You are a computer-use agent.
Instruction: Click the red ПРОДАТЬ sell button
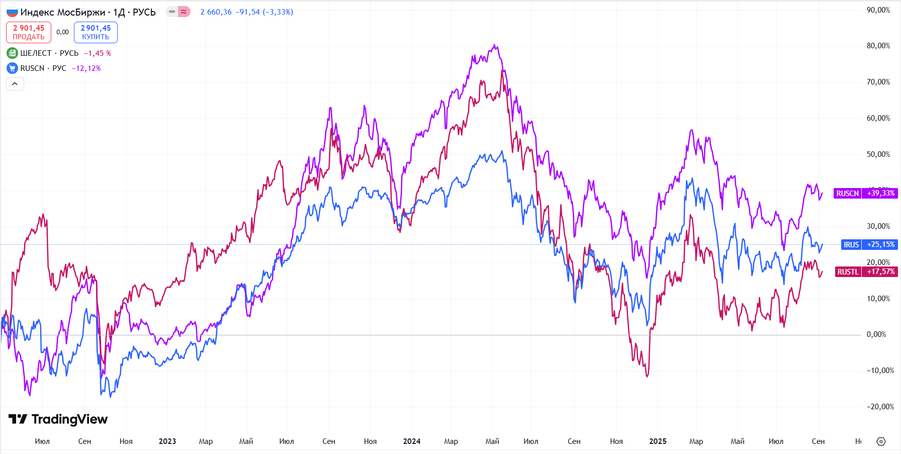pos(29,32)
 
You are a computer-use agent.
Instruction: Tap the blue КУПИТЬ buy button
pos(96,32)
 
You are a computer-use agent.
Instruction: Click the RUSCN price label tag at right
pos(847,194)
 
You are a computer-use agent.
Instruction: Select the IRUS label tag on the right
pos(851,245)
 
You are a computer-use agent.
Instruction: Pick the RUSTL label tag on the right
pos(848,272)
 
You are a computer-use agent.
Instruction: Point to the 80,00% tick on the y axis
pos(878,46)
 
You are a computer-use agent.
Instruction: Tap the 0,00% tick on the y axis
pos(876,334)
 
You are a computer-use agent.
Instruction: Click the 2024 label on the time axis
pos(411,441)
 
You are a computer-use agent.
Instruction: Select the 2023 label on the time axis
pos(167,441)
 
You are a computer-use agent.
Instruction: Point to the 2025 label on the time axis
pos(658,441)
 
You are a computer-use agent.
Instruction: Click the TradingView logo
pos(58,419)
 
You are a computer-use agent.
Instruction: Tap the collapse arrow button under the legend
pos(15,84)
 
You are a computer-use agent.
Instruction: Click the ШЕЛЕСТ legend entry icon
pos(12,53)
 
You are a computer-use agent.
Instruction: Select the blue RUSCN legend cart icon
pos(12,68)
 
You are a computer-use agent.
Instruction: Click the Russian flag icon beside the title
pos(12,12)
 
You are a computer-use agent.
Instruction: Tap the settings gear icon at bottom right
pos(881,441)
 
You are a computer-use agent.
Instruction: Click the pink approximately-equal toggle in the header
pos(184,12)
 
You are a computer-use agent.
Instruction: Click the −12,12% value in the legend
pos(86,68)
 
